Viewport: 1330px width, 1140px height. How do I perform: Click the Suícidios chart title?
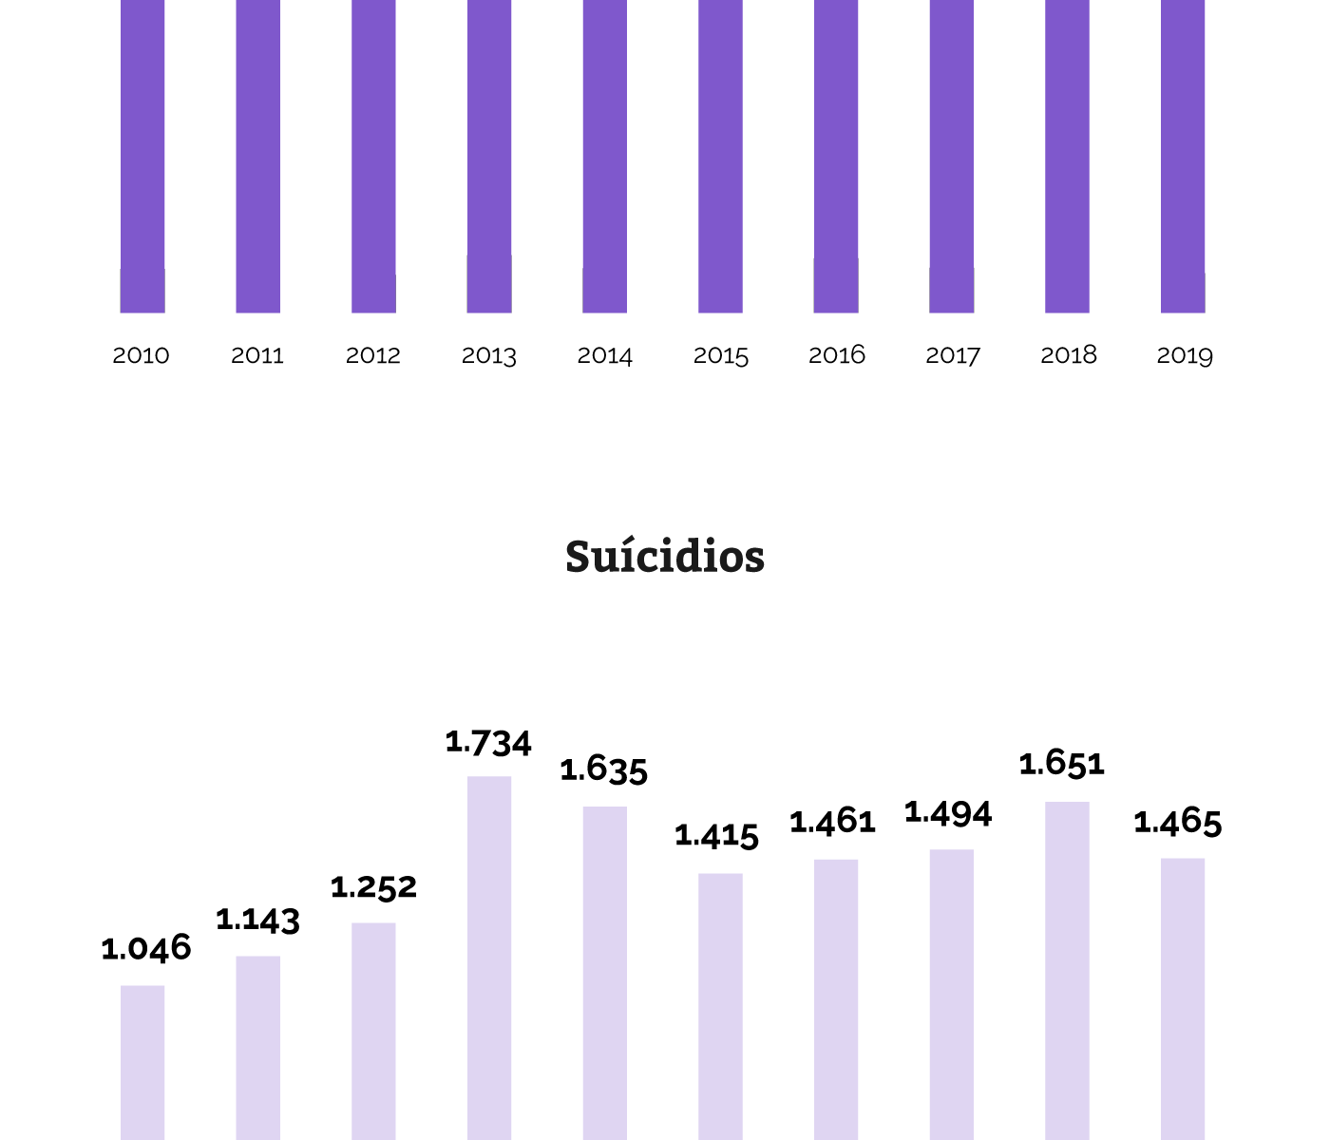click(665, 557)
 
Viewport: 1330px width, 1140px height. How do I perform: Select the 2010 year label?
click(141, 355)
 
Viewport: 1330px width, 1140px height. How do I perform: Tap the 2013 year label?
click(489, 355)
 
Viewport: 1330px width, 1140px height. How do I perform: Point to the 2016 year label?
click(837, 355)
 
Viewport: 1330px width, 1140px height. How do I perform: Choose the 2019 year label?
click(1185, 355)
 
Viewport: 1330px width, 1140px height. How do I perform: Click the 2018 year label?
click(1069, 355)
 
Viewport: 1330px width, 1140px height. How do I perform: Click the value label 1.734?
click(488, 743)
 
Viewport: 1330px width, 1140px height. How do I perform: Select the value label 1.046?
click(146, 948)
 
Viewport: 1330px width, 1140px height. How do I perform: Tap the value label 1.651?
click(1062, 764)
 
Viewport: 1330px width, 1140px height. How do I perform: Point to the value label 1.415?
click(717, 836)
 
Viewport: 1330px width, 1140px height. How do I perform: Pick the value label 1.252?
click(373, 887)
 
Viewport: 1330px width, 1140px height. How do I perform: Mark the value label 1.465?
click(1178, 823)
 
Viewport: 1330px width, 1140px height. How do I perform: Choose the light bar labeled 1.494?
click(952, 994)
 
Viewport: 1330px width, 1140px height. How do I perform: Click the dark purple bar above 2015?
click(721, 156)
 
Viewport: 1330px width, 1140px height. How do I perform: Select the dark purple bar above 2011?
click(258, 156)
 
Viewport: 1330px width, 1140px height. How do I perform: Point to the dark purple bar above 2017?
click(952, 156)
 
